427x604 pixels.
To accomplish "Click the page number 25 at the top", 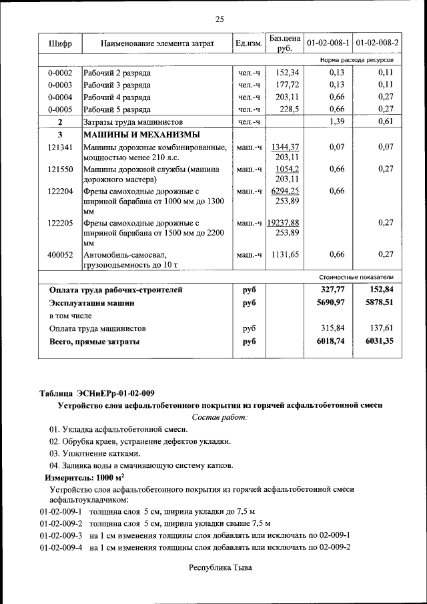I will point(220,18).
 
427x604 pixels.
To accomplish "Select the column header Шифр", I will point(60,44).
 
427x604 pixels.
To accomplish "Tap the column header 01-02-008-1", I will point(328,44).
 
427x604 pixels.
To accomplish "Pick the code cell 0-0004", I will point(60,97).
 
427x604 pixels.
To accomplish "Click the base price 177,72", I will point(286,85).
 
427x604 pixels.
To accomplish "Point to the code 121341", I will point(60,147).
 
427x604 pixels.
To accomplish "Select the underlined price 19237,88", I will point(283,222).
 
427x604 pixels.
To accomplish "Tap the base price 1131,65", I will point(286,254).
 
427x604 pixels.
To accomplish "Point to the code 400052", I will point(60,254).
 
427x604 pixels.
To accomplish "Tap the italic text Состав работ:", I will point(220,417).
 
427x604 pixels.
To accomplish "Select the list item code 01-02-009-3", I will point(61,535).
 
